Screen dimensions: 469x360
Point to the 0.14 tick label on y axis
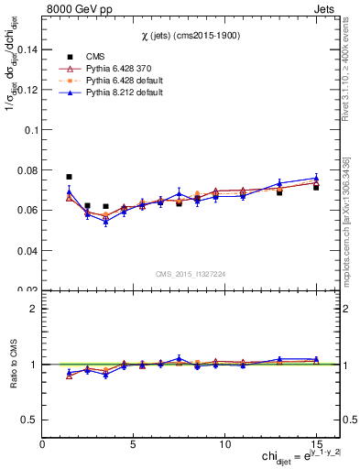click(27, 49)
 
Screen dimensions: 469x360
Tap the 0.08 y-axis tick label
click(27, 170)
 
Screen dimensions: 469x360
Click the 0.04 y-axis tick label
click(27, 250)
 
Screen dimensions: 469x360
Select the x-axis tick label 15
click(315, 443)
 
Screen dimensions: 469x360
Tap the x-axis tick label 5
click(134, 443)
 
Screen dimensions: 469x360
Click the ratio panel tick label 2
click(32, 309)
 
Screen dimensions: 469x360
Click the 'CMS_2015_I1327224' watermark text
click(191, 272)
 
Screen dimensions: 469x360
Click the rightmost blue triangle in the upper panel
click(315, 179)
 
